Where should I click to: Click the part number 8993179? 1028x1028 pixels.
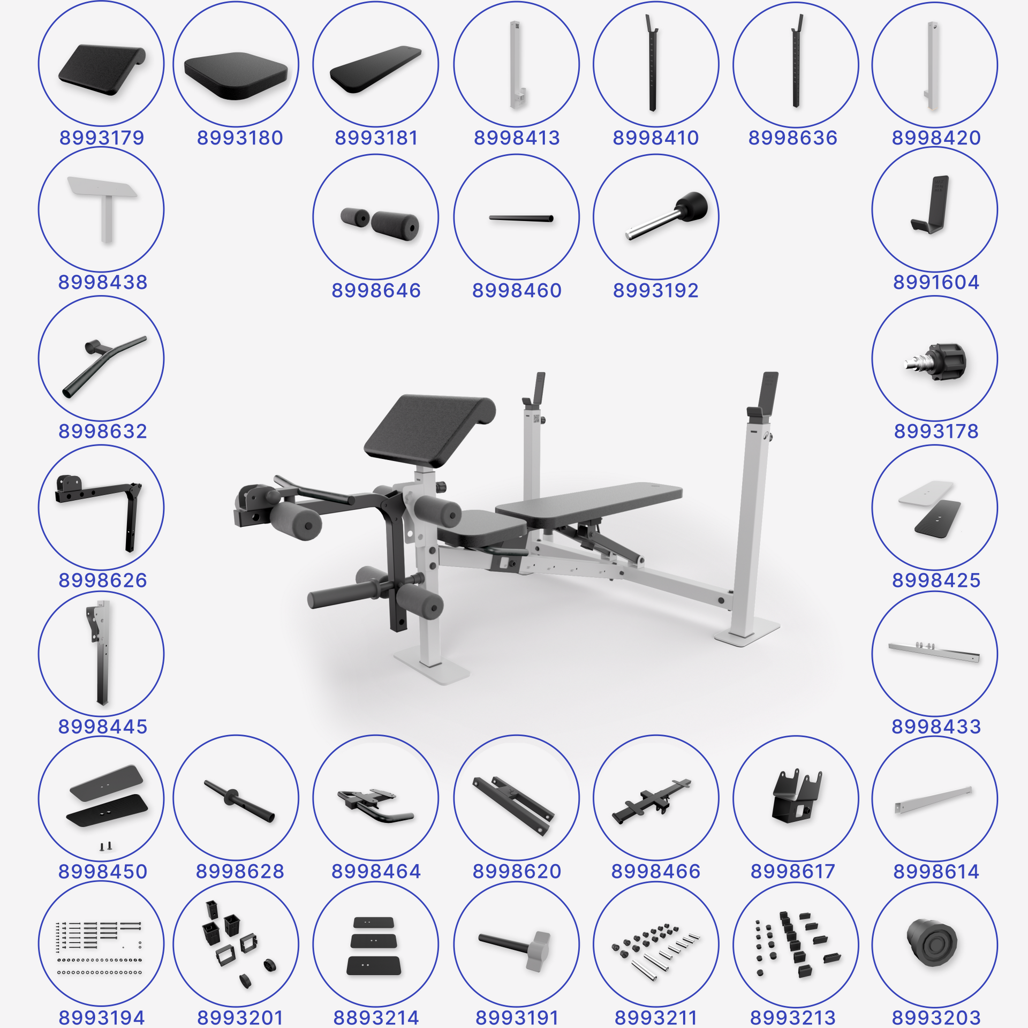tap(102, 138)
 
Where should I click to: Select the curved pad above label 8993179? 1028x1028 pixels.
tap(102, 70)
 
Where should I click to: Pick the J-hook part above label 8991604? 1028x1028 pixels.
tap(931, 205)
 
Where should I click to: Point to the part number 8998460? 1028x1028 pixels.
tap(517, 291)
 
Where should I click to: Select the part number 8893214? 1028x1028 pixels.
tap(376, 1018)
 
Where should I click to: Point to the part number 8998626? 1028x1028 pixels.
tap(102, 580)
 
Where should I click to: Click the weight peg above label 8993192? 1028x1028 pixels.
tap(667, 215)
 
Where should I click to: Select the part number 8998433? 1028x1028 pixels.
tap(936, 727)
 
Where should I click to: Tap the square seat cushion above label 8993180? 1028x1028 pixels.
tap(236, 75)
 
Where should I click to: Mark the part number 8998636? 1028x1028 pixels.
tap(792, 138)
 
